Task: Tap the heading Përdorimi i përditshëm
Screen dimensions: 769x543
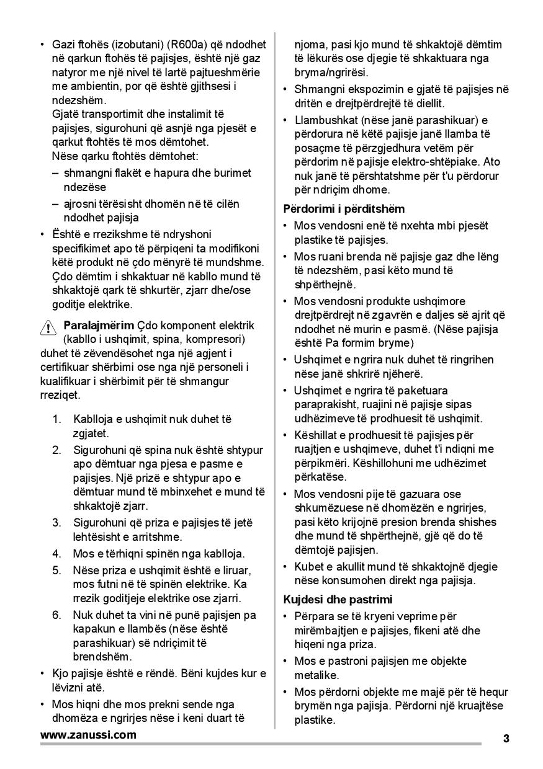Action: pyautogui.click(x=344, y=208)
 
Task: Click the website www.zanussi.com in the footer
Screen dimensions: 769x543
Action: pyautogui.click(x=88, y=735)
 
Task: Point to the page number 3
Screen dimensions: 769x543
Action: pyautogui.click(x=506, y=738)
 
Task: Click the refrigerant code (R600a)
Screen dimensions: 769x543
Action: pyautogui.click(x=187, y=44)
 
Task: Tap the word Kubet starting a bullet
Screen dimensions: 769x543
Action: pyautogui.click(x=308, y=567)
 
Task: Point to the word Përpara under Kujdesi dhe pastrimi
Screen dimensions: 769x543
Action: pyautogui.click(x=315, y=616)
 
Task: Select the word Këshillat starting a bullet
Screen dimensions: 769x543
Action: pyautogui.click(x=316, y=435)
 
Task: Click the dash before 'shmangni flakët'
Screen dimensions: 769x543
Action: pyautogui.click(x=56, y=173)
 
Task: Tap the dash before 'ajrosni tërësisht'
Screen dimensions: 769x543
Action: pyautogui.click(x=56, y=204)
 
